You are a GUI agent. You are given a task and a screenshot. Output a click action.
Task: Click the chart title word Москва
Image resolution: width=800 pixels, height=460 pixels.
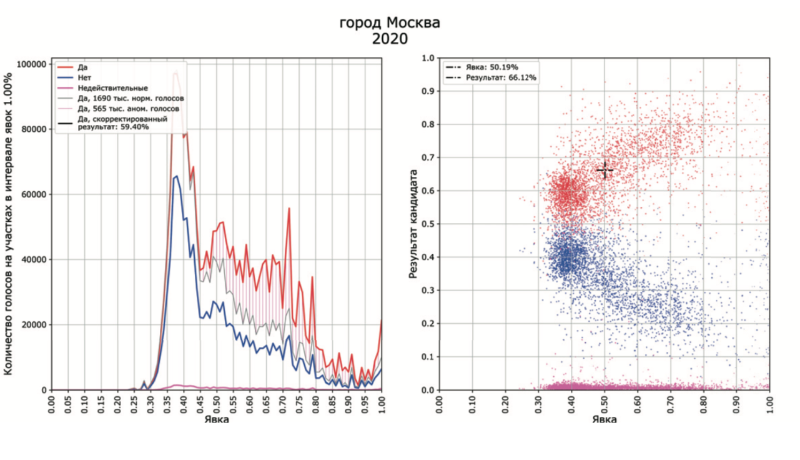point(413,23)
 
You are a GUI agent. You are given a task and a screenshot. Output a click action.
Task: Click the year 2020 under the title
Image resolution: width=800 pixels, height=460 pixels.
point(390,39)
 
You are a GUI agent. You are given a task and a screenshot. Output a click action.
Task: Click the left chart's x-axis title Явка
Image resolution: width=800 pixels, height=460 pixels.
point(216,419)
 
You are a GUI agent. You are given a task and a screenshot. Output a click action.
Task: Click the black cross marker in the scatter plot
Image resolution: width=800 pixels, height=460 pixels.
point(605,170)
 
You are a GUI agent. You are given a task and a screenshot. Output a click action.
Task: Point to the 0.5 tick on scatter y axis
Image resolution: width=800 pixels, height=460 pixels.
point(428,224)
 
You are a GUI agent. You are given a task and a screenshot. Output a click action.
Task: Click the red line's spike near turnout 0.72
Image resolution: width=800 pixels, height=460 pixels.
point(289,209)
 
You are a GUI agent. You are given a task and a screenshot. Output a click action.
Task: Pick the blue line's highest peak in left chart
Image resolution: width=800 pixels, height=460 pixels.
point(177,176)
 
